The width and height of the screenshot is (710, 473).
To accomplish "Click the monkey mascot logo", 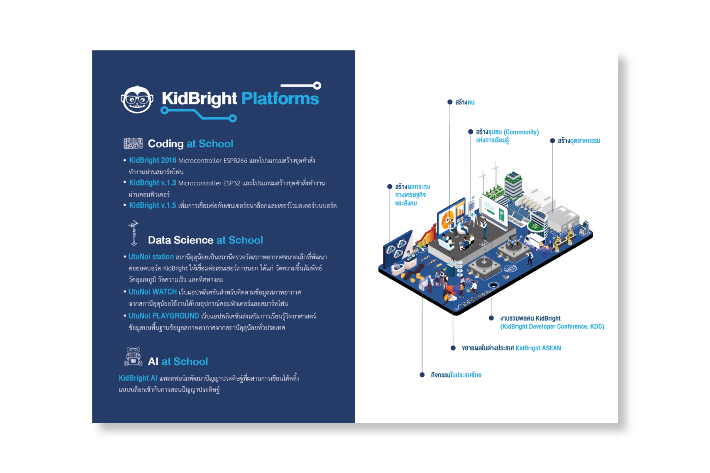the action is coord(137,99).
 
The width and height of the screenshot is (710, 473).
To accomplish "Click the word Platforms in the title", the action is coord(280,98).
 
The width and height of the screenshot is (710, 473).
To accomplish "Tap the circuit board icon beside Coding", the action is coord(133,143).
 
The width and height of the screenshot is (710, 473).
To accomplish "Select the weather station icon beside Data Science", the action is coord(134,233).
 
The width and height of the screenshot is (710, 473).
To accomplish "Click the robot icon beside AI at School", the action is coord(133,357).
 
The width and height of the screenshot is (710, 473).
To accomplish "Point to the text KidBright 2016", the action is coord(153,160).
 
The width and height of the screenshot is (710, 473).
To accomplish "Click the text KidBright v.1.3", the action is coord(153,183).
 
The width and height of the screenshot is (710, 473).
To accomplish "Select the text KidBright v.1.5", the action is coord(153,205).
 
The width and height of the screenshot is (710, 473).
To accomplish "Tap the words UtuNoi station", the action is coord(151,257).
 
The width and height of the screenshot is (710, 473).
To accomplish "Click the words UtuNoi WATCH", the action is coord(153,292).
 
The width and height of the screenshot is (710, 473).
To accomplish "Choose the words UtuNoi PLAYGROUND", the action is coord(164,316).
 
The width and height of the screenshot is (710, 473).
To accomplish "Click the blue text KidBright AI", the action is coord(138,378).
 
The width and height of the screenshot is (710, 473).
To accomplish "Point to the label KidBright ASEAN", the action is coord(538,348).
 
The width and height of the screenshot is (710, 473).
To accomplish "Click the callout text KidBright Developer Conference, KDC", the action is coord(552,327).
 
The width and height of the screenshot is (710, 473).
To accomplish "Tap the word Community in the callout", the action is coord(521,132).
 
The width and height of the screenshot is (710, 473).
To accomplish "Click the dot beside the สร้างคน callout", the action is coord(450,102).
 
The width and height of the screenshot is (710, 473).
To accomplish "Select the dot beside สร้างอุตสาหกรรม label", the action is coord(552,141).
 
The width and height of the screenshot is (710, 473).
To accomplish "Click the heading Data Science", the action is coord(180,240).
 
